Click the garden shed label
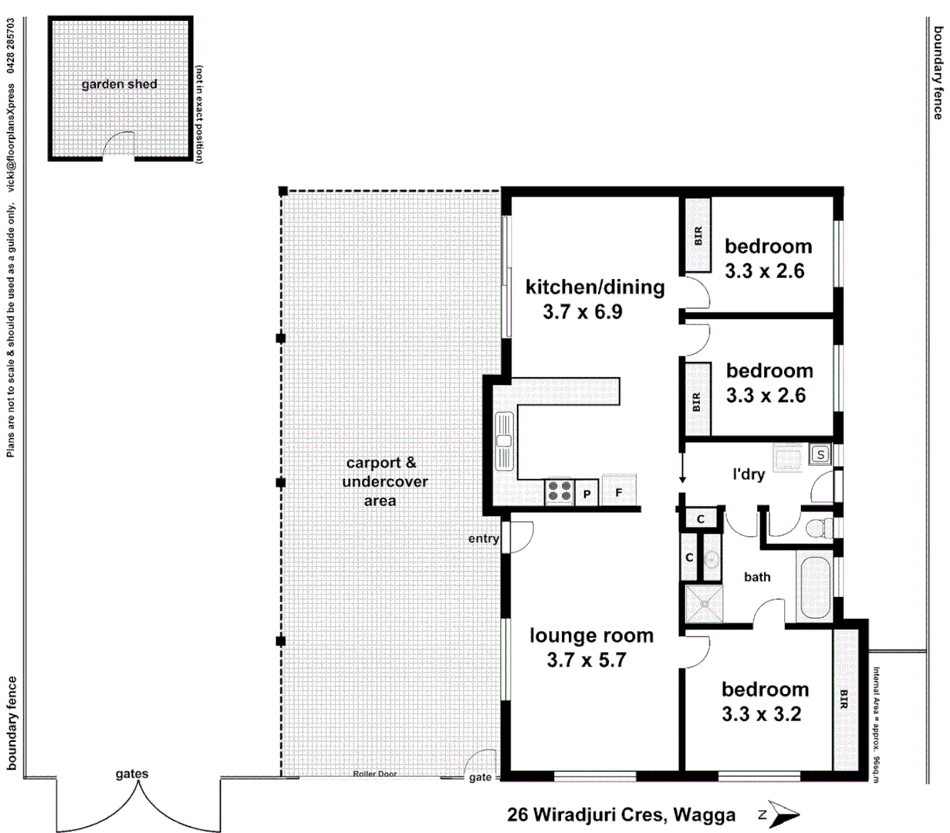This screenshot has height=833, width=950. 119,84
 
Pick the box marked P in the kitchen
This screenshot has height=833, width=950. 587,494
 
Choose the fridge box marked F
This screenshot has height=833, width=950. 618,491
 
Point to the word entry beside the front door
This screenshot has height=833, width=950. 483,538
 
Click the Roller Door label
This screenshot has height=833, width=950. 375,774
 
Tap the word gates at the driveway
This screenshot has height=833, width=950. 132,774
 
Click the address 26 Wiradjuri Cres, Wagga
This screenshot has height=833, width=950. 621,814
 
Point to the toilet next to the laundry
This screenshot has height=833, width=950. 816,528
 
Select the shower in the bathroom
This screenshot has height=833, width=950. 705,603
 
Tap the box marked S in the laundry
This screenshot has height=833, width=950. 820,455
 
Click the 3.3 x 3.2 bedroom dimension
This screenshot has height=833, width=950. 762,714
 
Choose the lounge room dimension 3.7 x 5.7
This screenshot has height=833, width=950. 587,660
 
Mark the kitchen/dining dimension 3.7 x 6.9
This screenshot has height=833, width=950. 583,312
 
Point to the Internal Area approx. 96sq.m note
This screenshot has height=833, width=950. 876,725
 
